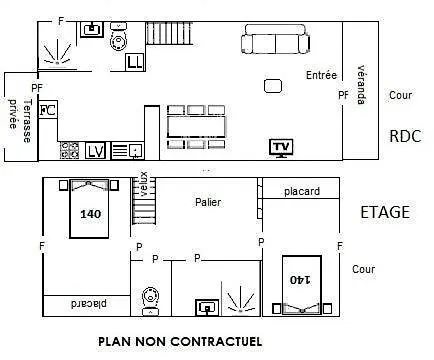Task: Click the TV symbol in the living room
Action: point(281,148)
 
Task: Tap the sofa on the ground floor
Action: point(276,39)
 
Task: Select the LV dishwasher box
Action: point(95,151)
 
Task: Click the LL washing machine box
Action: point(135,62)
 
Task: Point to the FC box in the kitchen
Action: point(48,109)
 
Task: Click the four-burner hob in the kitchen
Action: point(69,150)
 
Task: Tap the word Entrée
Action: point(321,75)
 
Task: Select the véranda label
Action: point(361,85)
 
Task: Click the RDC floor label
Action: point(405,136)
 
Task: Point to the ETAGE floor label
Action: point(385,212)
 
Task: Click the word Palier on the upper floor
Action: point(208,202)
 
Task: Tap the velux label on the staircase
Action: point(144,184)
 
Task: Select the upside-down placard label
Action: point(89,304)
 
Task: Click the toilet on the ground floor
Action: point(118,37)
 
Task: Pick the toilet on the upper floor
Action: point(150,301)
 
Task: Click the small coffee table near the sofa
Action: point(273,86)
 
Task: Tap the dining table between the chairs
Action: point(196,127)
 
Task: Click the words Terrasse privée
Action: point(20,119)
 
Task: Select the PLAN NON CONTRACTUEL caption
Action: point(180,342)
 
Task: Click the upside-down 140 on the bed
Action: point(300,279)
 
